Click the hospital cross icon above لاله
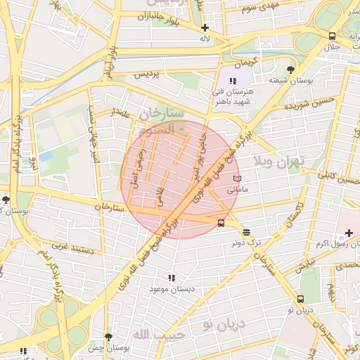tap(205, 28)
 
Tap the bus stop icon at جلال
tap(331, 37)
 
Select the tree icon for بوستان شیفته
tap(290, 69)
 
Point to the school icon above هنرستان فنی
tap(233, 82)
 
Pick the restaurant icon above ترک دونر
tap(246, 232)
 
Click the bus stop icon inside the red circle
tap(221, 224)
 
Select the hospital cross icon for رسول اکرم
tap(349, 232)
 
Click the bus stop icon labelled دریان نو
tap(301, 299)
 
